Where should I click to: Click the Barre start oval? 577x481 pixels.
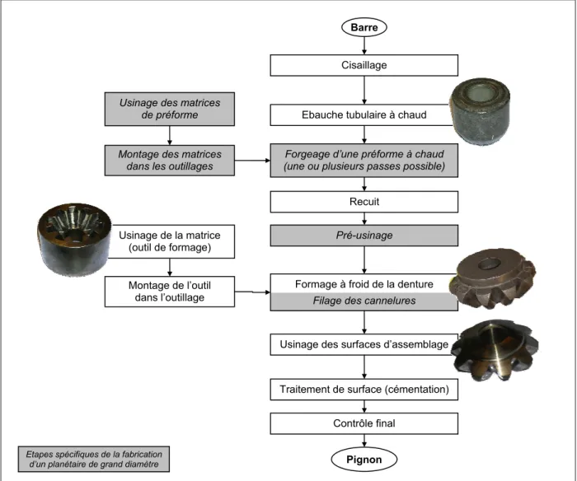364,27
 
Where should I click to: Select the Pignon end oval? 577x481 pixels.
364,460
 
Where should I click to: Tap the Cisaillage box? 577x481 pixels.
364,65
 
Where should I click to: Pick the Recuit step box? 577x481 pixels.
364,202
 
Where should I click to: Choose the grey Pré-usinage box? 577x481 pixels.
364,236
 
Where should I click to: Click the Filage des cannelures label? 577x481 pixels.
364,301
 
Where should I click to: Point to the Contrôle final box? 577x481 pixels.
364,423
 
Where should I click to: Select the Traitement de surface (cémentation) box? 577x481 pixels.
364,390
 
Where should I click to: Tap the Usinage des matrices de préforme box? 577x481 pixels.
170,109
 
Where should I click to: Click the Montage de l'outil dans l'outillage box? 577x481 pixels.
170,292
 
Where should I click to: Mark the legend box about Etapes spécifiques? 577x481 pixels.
94,460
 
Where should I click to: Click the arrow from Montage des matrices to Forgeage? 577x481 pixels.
252,161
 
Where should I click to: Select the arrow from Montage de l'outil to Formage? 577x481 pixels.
252,292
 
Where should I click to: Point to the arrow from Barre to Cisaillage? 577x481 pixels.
364,45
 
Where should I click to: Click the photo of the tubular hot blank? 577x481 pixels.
481,110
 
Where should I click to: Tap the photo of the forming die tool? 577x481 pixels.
75,239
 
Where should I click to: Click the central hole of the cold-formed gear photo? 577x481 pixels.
490,264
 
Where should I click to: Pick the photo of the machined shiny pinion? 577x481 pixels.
495,350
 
